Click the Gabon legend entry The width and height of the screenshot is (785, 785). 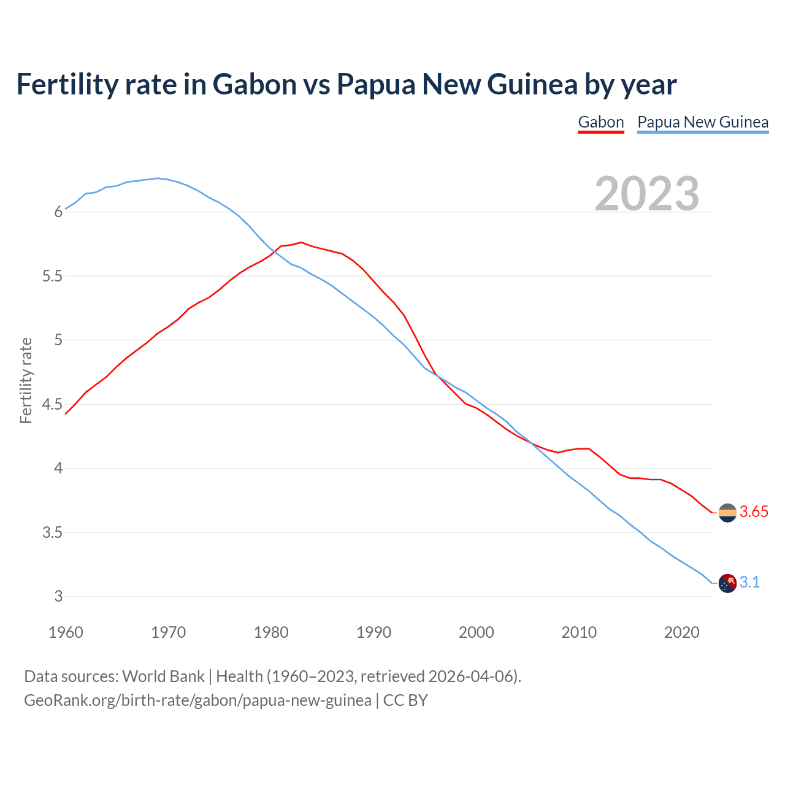pos(600,122)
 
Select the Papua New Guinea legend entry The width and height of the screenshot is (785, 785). pos(703,122)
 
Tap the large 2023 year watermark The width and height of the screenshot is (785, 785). pos(647,194)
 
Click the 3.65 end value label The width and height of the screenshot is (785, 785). pos(754,512)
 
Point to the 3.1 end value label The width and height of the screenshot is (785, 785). pos(749,582)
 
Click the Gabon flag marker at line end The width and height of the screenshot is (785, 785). pos(727,513)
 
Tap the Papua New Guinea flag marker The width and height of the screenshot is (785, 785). pos(727,583)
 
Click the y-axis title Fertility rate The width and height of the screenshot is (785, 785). pos(26,380)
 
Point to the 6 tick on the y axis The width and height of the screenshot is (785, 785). pos(59,212)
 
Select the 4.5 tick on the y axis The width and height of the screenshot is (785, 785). pos(52,404)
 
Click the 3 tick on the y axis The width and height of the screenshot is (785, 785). pos(59,597)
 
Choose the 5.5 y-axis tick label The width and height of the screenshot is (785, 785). pos(52,277)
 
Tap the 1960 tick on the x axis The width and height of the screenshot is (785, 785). pos(66,632)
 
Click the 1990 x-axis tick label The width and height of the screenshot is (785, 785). pos(373,632)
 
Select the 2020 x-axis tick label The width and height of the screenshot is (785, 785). pos(681,632)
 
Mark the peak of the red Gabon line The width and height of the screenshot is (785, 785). pos(301,242)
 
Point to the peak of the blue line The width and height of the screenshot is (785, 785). pos(158,178)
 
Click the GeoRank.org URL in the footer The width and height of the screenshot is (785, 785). pos(197,700)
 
